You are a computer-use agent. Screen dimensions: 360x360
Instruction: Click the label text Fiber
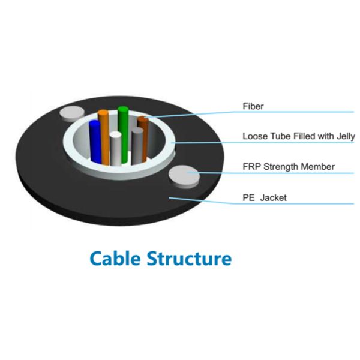tap(253, 107)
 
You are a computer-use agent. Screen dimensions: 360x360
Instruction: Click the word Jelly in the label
tap(344, 136)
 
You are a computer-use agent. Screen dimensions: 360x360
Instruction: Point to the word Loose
tap(254, 136)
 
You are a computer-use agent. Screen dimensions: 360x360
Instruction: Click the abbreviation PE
tap(248, 196)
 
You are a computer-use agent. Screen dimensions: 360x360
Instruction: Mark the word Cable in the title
tap(115, 259)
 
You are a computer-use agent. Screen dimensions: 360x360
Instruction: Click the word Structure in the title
tap(190, 259)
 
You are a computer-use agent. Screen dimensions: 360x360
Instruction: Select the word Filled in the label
tap(302, 136)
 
